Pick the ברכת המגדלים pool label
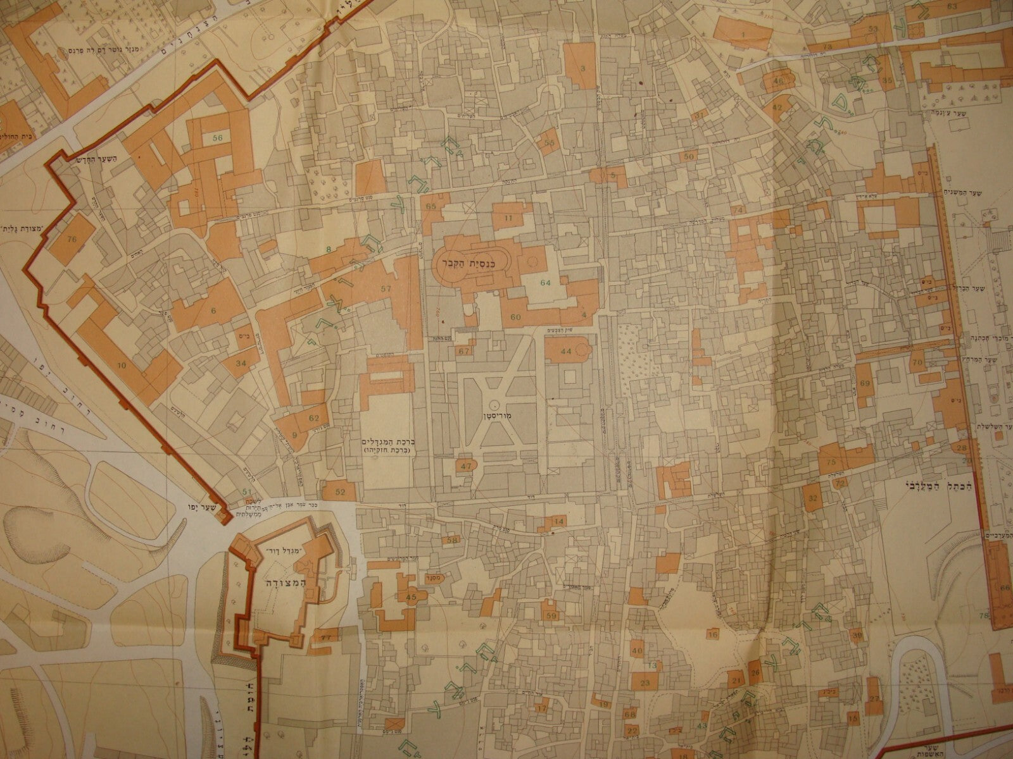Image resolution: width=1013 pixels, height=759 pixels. click(384, 442)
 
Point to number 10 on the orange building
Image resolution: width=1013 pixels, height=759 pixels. click(122, 366)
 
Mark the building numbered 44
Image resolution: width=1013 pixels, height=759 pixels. click(565, 350)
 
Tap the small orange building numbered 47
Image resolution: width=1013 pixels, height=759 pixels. click(467, 466)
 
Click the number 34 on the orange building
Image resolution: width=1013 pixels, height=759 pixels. click(241, 364)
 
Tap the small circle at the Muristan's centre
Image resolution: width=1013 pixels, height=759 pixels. click(493, 403)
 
